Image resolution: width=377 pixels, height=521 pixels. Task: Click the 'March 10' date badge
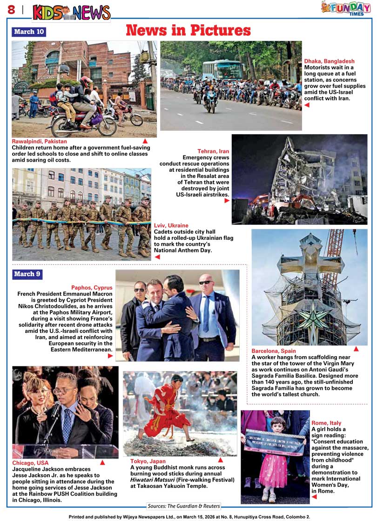[x=29, y=32]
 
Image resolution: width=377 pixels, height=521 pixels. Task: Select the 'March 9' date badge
[x=27, y=274]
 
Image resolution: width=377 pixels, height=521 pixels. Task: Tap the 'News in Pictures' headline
[x=188, y=30]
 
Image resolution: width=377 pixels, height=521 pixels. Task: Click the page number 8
[x=11, y=10]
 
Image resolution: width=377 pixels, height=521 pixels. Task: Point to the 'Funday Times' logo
[x=346, y=8]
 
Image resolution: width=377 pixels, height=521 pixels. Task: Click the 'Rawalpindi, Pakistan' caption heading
[x=40, y=141]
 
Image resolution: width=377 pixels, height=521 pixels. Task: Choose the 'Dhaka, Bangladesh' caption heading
[x=329, y=61]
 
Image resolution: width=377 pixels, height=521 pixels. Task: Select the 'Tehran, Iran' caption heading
[x=213, y=151]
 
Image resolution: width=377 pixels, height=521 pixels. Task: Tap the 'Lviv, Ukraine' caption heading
[x=171, y=226]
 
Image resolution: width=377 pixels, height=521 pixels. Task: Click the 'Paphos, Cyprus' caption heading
[x=92, y=288]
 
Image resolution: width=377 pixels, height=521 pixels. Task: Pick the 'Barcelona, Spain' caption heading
[x=274, y=351]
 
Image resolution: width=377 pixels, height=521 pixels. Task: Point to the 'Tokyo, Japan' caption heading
[x=148, y=461]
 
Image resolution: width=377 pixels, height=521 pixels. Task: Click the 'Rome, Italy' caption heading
[x=326, y=423]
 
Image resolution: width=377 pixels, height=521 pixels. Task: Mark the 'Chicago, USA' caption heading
[x=30, y=463]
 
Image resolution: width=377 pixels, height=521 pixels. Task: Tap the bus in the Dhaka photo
[x=222, y=69]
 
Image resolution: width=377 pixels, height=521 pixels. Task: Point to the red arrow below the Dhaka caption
[x=307, y=105]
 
